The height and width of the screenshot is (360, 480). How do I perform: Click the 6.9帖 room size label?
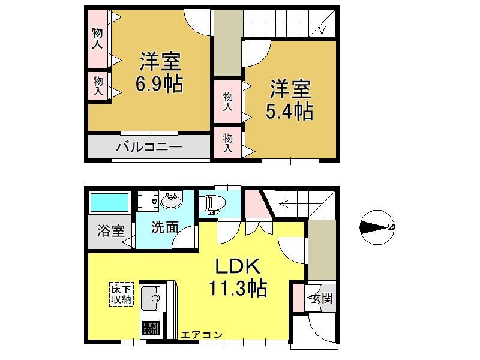pos(159,83)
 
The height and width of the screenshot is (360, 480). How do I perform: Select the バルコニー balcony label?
pos(149,146)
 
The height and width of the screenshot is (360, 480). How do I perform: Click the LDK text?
pos(238,266)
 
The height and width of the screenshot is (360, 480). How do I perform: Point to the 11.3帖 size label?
pos(238,288)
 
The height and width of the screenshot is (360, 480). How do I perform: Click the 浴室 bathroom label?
pos(111,230)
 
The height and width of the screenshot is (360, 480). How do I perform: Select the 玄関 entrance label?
pos(322,298)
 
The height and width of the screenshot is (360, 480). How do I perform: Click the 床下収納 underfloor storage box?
pos(122,294)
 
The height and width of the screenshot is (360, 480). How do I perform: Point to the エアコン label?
pos(202,335)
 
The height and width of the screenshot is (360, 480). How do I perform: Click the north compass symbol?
pos(377,227)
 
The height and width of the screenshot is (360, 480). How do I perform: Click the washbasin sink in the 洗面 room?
pos(171,200)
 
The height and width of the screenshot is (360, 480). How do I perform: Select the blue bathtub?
pos(109,202)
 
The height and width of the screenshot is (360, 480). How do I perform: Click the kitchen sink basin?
pos(151,298)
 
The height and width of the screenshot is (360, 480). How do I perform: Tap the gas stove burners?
pos(151,329)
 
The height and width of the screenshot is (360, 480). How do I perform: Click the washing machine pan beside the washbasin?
pos(147,202)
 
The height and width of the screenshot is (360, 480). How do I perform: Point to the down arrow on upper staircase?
pos(322,28)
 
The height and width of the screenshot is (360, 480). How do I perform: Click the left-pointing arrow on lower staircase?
pos(283,203)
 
